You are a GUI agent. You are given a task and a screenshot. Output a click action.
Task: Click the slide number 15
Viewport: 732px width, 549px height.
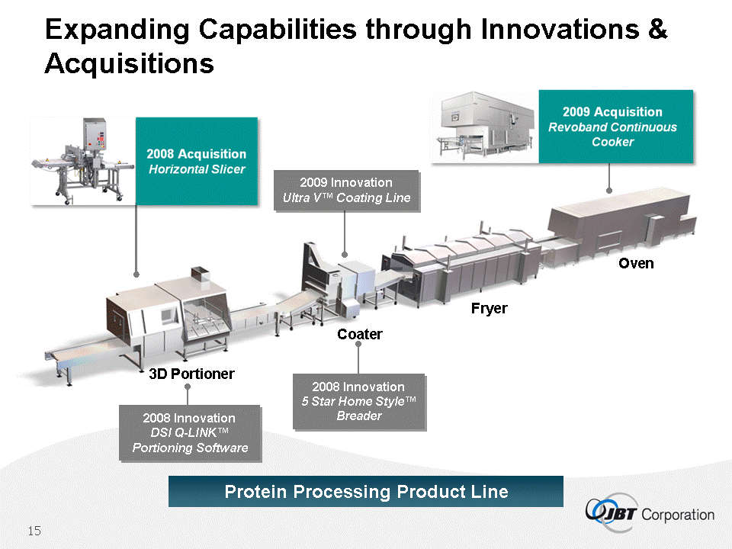click(x=34, y=531)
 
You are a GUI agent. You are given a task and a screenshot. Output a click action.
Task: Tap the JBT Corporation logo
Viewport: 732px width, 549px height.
click(x=650, y=512)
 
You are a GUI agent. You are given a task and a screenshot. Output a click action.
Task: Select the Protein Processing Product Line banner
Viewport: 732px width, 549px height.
click(x=365, y=492)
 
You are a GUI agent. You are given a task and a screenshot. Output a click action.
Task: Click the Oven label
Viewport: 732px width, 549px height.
click(x=636, y=263)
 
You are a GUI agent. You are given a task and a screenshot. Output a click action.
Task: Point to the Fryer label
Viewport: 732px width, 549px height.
click(x=489, y=309)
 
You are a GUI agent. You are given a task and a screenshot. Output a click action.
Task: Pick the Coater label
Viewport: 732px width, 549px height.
click(x=359, y=334)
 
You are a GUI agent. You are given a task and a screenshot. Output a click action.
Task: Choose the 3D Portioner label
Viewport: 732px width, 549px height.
click(x=191, y=374)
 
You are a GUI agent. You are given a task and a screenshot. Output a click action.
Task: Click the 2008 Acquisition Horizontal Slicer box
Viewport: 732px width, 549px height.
click(x=197, y=161)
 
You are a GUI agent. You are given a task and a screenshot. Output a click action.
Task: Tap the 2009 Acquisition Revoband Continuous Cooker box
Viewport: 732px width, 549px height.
click(x=616, y=127)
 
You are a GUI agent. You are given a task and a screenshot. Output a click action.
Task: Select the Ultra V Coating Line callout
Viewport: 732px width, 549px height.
click(x=346, y=191)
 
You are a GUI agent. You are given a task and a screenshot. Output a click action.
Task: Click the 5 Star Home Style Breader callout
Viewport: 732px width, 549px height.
click(x=358, y=402)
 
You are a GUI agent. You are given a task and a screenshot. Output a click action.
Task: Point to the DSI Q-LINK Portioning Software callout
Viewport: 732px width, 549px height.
click(x=190, y=433)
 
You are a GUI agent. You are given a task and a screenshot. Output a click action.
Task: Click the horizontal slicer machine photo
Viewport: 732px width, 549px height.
click(x=82, y=161)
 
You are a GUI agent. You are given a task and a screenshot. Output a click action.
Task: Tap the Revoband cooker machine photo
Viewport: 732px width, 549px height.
click(x=484, y=127)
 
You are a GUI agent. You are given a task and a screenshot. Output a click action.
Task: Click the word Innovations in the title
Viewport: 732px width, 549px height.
click(x=560, y=30)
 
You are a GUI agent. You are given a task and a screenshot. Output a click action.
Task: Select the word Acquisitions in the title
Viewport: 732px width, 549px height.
click(x=130, y=64)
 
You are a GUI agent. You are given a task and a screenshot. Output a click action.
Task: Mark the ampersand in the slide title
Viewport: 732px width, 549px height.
click(x=657, y=29)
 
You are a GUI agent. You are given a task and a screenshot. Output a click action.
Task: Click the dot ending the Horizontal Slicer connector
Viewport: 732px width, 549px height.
click(x=136, y=274)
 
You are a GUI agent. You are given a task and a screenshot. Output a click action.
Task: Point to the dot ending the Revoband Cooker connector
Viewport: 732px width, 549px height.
click(x=608, y=191)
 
